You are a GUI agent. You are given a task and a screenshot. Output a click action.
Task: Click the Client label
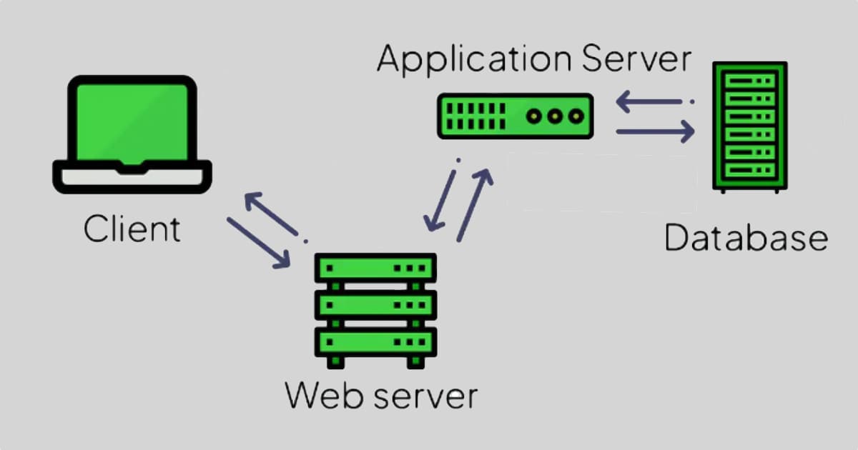(x=132, y=230)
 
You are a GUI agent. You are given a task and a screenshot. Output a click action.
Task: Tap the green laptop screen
(x=132, y=121)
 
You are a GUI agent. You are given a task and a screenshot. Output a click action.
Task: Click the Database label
(x=745, y=238)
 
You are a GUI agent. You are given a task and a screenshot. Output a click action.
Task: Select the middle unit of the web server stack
(x=375, y=306)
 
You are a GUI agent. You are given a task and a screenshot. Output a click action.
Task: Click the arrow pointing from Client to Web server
(x=258, y=244)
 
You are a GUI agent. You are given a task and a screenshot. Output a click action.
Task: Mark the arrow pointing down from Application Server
(x=442, y=196)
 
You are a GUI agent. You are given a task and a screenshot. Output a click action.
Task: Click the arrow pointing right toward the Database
(x=654, y=131)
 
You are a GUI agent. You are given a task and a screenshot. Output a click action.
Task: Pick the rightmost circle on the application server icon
(x=575, y=116)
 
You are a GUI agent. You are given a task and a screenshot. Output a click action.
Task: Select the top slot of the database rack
(x=750, y=80)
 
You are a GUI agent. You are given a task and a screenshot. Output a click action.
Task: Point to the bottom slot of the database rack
(x=750, y=170)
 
